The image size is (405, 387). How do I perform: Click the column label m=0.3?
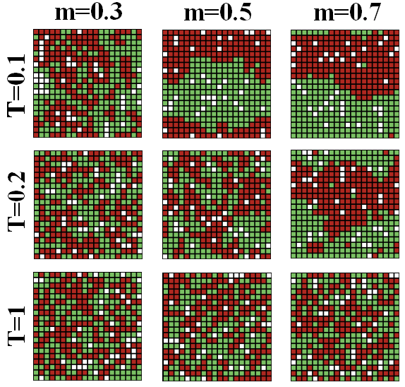point(89,12)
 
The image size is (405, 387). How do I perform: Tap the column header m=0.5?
point(217,12)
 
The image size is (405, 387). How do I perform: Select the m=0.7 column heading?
point(347,12)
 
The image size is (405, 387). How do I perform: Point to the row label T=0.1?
point(16,86)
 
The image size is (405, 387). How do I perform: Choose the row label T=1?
point(16,326)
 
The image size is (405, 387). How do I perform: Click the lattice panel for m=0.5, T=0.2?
point(217,205)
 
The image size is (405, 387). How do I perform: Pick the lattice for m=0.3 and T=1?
point(87,326)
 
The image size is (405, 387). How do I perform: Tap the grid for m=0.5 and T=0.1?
point(217,84)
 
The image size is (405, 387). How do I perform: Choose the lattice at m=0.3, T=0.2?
point(88,205)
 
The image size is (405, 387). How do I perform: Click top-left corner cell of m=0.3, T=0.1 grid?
point(36,32)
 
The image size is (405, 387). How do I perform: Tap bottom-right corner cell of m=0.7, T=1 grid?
point(397,379)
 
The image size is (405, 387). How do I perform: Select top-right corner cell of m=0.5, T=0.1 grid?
point(268,32)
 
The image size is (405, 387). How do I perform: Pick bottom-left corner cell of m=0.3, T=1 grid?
point(36,378)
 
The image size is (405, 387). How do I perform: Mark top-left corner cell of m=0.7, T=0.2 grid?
point(294,153)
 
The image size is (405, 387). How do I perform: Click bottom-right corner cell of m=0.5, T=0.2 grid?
point(268,256)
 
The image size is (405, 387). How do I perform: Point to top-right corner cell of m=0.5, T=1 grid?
point(268,275)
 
